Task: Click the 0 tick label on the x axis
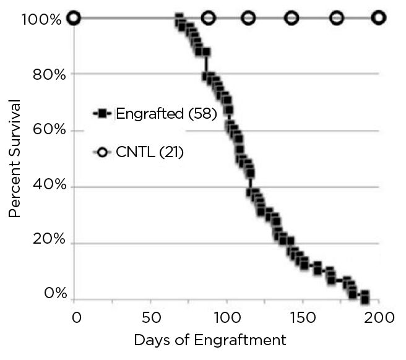tap(76, 317)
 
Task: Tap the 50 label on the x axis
tap(151, 317)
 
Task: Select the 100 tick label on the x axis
tap(227, 317)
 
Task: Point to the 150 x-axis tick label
tap(303, 317)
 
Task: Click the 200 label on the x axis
tap(378, 317)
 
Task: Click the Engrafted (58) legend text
tap(165, 114)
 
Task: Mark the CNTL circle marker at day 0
tap(74, 17)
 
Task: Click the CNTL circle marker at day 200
tap(378, 17)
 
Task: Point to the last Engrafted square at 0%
tap(365, 300)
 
